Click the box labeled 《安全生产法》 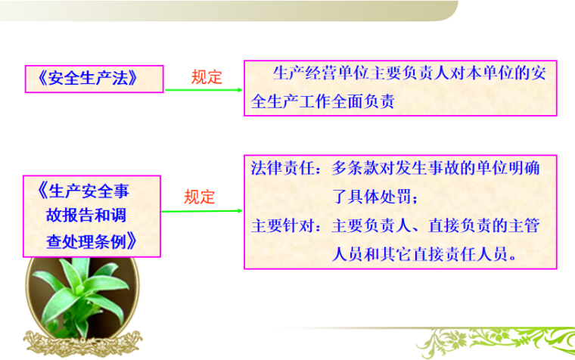tap(95, 78)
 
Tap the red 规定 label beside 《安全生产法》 tap(207, 77)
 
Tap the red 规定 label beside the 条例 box tap(200, 197)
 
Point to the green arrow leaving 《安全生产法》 tap(203, 91)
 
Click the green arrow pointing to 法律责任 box tap(203, 211)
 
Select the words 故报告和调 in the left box tap(89, 216)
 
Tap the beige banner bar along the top tap(227, 11)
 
